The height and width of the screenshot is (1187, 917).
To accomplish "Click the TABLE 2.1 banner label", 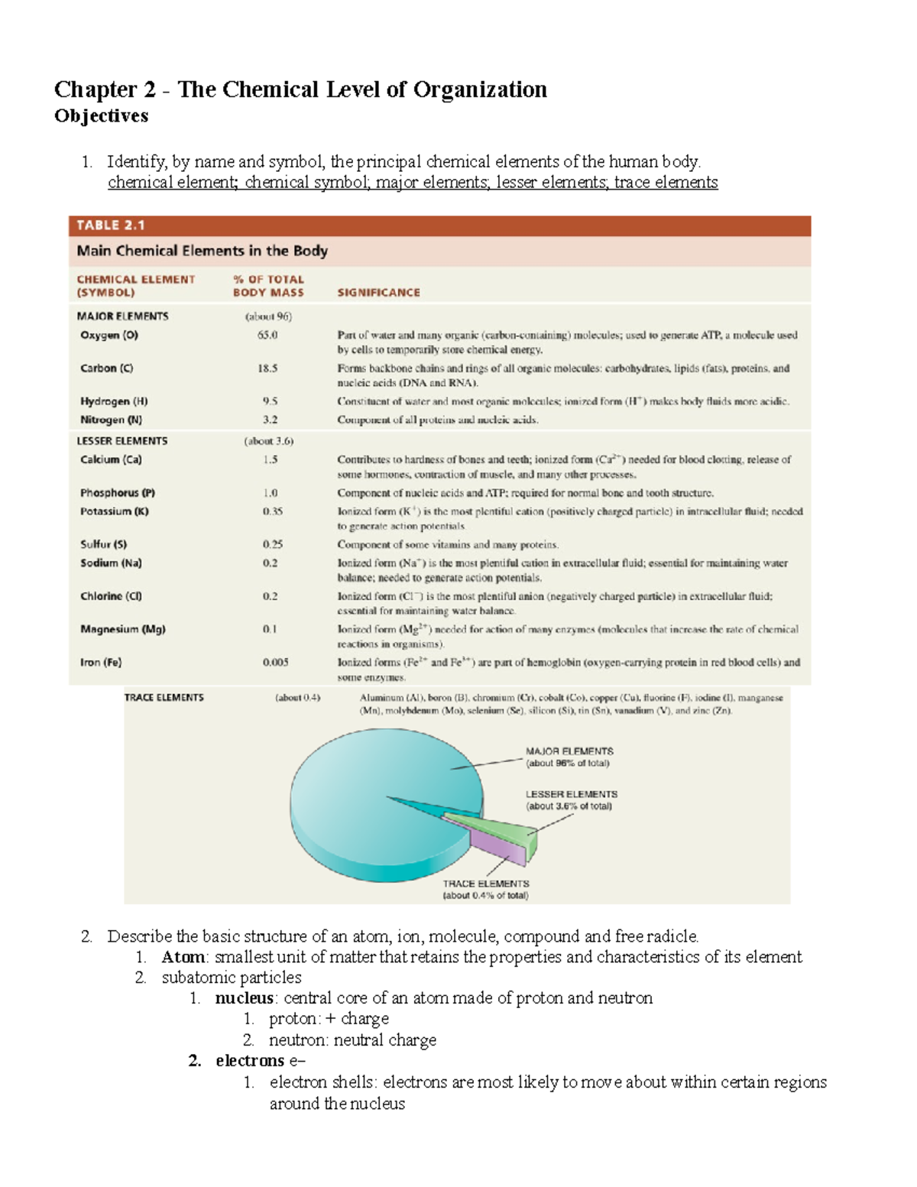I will [111, 225].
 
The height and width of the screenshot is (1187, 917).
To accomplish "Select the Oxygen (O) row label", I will [109, 335].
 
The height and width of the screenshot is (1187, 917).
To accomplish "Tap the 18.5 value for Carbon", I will [267, 368].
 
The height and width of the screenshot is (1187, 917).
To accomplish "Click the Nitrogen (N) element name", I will [111, 420].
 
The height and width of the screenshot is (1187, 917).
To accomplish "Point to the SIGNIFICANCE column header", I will [378, 293].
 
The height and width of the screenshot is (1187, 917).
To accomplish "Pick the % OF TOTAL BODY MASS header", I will [268, 286].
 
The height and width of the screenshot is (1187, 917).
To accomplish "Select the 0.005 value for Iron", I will [275, 663].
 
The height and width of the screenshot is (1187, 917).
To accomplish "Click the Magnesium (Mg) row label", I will [123, 629].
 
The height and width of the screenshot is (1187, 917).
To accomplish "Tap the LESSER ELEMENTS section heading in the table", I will [122, 441].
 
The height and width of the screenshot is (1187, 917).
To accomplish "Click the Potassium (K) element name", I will [115, 511].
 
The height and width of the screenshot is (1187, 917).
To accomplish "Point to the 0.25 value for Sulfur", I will [272, 544].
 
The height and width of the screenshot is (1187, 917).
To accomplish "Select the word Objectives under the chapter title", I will [101, 116].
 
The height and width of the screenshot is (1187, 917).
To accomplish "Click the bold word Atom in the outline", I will [183, 957].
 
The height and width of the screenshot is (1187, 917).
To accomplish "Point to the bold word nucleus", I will [244, 998].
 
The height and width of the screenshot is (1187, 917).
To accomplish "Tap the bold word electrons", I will [250, 1061].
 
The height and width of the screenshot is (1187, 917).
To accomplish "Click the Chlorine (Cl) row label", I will [111, 596].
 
